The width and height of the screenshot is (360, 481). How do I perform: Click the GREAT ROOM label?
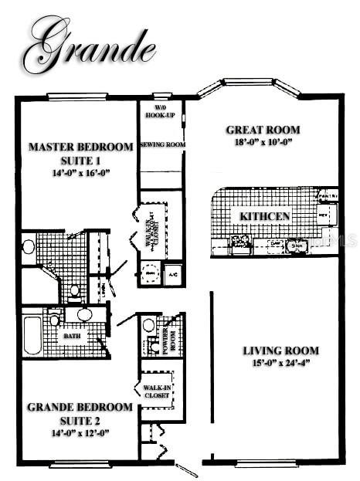coord(263,130)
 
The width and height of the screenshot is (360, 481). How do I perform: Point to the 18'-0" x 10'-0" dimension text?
coord(263,143)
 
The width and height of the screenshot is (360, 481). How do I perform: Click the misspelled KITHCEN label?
coord(264,216)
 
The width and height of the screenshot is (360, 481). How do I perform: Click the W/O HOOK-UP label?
coord(160,111)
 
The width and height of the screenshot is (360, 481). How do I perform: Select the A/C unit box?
coord(172,274)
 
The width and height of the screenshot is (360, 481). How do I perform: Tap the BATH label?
coord(70,337)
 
